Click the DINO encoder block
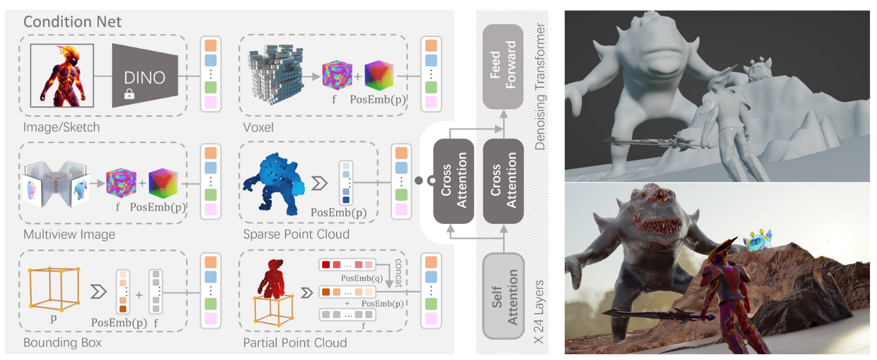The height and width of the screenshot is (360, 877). pyautogui.click(x=145, y=75)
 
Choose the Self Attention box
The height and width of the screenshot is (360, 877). pyautogui.click(x=504, y=297)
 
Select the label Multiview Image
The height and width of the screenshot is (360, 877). pyautogui.click(x=69, y=235)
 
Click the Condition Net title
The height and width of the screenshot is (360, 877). pyautogui.click(x=73, y=22)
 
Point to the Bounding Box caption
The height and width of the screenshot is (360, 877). pyautogui.click(x=62, y=343)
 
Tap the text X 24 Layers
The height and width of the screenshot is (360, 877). pyautogui.click(x=540, y=312)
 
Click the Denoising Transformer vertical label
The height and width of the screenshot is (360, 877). pyautogui.click(x=540, y=87)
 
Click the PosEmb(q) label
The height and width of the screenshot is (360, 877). pyautogui.click(x=358, y=278)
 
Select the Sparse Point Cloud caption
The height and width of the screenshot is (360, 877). pyautogui.click(x=297, y=235)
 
